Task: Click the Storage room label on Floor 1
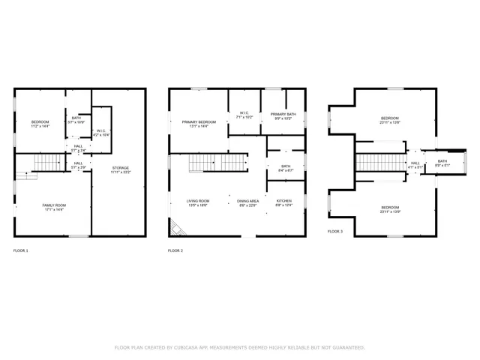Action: tap(121, 169)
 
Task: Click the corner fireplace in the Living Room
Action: tap(175, 227)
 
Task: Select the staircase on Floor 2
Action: tap(217, 163)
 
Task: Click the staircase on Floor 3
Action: tap(379, 163)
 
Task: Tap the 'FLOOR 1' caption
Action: tap(21, 250)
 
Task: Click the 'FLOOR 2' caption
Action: tap(175, 250)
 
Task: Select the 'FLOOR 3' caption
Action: tap(335, 232)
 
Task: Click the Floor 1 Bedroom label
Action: tap(40, 124)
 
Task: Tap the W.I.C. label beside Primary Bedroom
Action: tap(244, 115)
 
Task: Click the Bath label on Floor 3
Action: tap(442, 163)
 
